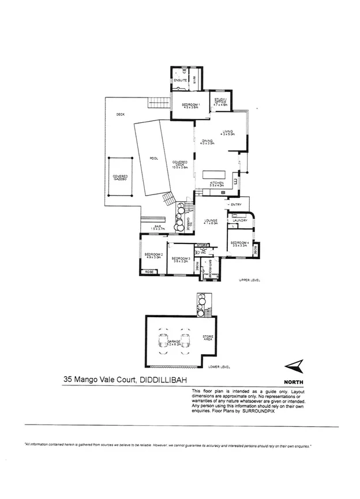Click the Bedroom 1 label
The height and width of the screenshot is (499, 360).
(x=190, y=104)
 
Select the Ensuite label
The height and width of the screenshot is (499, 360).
(x=181, y=80)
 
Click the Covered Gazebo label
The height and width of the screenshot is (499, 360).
(x=121, y=178)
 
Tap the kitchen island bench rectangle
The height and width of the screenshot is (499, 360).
(x=216, y=175)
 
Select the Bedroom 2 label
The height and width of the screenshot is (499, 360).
(x=153, y=256)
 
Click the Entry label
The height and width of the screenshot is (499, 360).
(x=235, y=205)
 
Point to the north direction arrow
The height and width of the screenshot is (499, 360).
(x=294, y=365)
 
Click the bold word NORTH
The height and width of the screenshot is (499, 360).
(x=295, y=382)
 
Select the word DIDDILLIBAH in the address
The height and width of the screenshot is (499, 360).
(x=165, y=380)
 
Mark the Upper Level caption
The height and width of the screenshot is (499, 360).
(x=249, y=280)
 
